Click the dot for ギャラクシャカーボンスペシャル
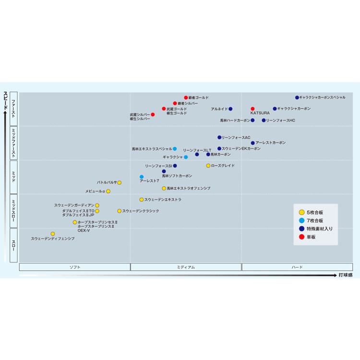pos(297,97)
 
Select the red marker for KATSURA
pos(252,109)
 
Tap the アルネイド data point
pos(230,109)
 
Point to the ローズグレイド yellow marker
pos(208,166)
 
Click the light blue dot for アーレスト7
pos(142,177)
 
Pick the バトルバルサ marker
pos(120,182)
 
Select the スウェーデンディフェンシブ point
pos(53,234)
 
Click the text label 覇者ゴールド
pos(199,97)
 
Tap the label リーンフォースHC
pos(281,120)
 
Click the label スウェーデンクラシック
pos(141,211)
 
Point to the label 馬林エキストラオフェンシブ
pos(189,189)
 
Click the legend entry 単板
pos(311,237)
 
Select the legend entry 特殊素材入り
pos(319,229)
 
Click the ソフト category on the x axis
pos(75,267)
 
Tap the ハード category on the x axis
pos(297,267)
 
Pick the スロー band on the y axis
pos(13,245)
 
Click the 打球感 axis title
pos(346,275)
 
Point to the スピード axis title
pos(5,101)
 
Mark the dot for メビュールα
pos(108,191)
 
